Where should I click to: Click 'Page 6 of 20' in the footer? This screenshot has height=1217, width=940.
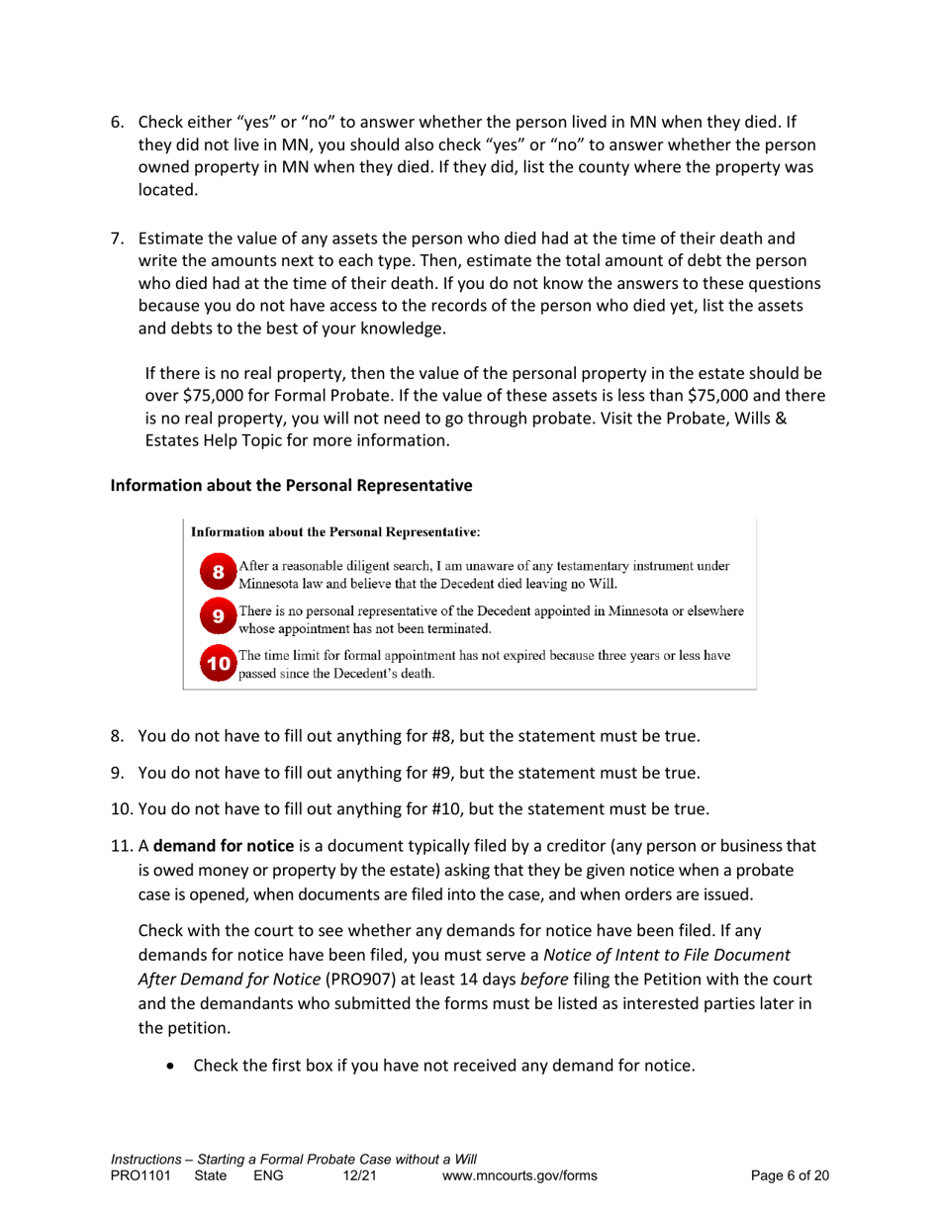click(x=790, y=1175)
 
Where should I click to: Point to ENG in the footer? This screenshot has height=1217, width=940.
click(x=269, y=1175)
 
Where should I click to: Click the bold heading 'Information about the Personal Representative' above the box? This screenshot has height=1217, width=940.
click(x=289, y=486)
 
